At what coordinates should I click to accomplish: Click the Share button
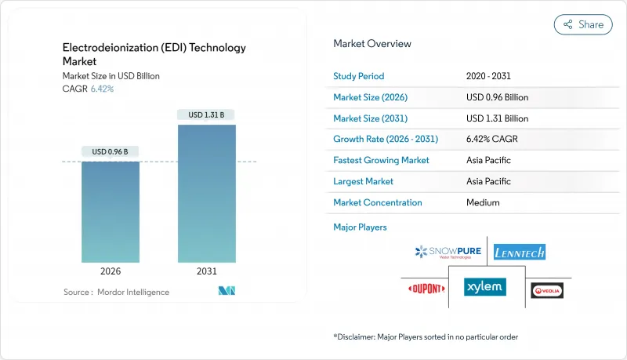point(583,24)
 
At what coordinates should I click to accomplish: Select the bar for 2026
point(111,212)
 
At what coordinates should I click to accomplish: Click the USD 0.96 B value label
point(111,151)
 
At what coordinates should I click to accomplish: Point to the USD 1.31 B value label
point(206,115)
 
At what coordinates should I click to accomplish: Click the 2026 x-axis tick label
point(111,272)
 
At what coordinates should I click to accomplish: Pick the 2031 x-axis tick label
point(206,272)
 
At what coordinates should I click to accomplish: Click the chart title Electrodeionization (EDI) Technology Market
point(154,55)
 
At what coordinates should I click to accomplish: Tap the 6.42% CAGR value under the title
point(103,89)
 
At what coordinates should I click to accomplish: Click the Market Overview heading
point(372,44)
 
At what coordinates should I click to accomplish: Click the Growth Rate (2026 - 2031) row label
point(386,140)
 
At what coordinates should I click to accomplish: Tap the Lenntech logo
point(520,252)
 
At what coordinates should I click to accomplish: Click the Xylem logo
point(484,287)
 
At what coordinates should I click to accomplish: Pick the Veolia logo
point(547,290)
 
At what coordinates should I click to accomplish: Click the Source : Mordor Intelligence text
point(116,292)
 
